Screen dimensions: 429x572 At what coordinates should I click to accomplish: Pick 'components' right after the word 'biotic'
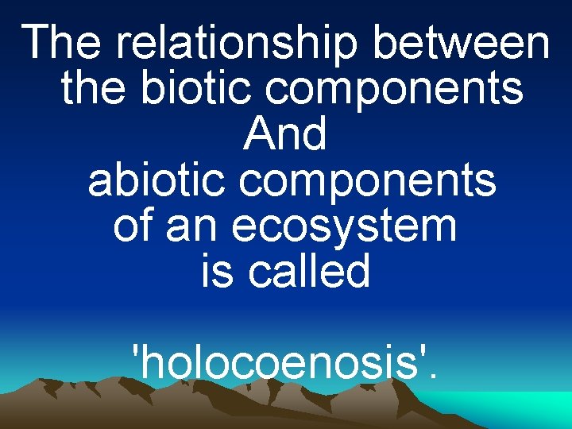click(x=394, y=90)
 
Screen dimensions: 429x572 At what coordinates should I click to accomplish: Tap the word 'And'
click(x=286, y=134)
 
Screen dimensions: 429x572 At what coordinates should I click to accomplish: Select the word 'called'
click(x=310, y=272)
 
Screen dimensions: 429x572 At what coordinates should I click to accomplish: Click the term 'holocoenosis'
click(x=283, y=363)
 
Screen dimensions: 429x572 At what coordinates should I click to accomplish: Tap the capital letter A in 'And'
click(x=260, y=134)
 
